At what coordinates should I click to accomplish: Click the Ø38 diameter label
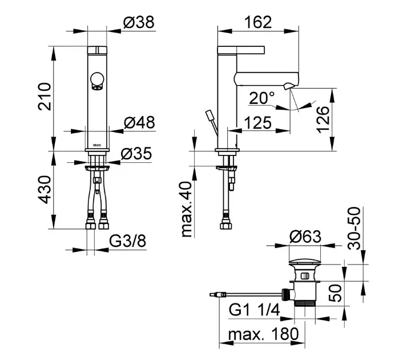139,22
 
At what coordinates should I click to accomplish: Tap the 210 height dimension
45,97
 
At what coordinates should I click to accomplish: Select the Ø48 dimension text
139,123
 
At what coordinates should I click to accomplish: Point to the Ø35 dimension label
136,154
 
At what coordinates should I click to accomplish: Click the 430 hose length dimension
45,190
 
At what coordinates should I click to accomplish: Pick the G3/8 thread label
127,241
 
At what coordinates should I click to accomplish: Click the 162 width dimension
258,22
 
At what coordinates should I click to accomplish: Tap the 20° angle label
262,98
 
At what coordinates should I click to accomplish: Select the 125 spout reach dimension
257,123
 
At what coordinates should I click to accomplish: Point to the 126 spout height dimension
323,120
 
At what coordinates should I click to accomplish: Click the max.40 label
187,209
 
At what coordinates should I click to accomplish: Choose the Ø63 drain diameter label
305,237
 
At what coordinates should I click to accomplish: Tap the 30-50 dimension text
354,228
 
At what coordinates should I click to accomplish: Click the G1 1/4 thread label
254,310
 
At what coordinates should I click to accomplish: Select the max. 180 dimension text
263,334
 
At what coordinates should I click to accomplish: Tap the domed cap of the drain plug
305,262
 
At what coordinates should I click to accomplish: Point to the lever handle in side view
241,50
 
